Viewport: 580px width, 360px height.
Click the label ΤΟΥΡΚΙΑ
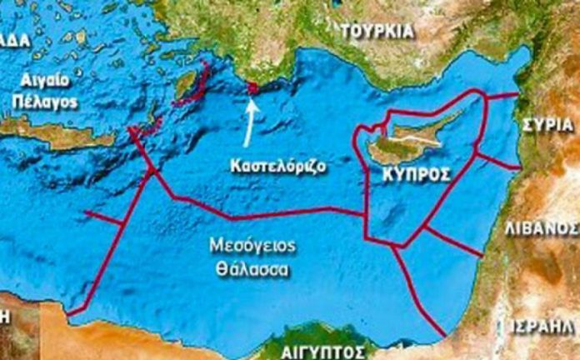377,31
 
